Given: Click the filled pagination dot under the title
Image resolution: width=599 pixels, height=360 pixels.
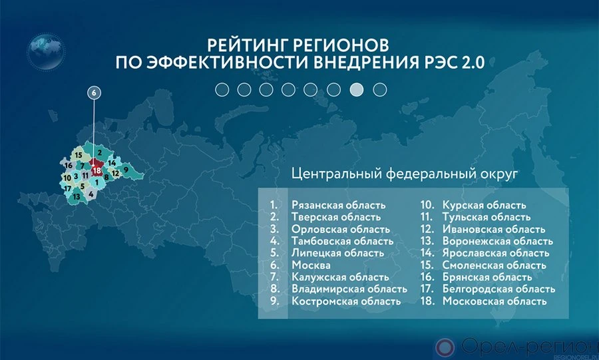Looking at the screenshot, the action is (x=357, y=90).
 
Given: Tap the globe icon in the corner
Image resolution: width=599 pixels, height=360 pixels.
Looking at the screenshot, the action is (x=45, y=52).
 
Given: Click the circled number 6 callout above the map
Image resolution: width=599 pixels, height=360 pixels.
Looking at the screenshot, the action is (x=94, y=92).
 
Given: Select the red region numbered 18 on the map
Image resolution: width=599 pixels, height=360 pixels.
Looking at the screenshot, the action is (x=97, y=169).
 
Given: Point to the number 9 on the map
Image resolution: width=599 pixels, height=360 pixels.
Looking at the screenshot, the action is (x=126, y=170).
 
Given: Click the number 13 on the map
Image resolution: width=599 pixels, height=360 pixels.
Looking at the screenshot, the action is (x=77, y=197).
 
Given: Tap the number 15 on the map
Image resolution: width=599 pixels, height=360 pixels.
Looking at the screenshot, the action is (x=79, y=155).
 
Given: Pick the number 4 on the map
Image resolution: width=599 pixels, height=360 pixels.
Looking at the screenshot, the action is (x=91, y=194).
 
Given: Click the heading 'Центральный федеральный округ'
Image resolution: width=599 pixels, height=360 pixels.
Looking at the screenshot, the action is (x=405, y=174).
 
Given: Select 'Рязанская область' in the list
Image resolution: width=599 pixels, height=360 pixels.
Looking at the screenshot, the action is (x=339, y=205).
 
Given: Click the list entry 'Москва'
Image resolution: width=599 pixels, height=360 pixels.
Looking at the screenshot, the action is (x=311, y=265).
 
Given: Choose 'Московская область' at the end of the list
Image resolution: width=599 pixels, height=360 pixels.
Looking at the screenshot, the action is (x=495, y=301).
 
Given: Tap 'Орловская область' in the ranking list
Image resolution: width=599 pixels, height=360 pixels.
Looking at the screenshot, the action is (x=341, y=229).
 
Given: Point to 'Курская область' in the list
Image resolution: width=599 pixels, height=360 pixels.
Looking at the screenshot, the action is (x=484, y=205).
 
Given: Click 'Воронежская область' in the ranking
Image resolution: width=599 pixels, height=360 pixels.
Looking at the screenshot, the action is (x=498, y=242).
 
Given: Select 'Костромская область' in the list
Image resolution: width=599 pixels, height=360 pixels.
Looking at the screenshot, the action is (x=346, y=301).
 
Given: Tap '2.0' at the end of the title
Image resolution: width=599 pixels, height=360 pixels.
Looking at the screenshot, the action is (x=473, y=63).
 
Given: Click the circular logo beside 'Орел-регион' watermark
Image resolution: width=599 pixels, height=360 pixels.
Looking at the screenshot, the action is (x=445, y=347).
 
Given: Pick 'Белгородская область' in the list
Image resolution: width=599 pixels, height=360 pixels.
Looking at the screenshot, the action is (x=499, y=289).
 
